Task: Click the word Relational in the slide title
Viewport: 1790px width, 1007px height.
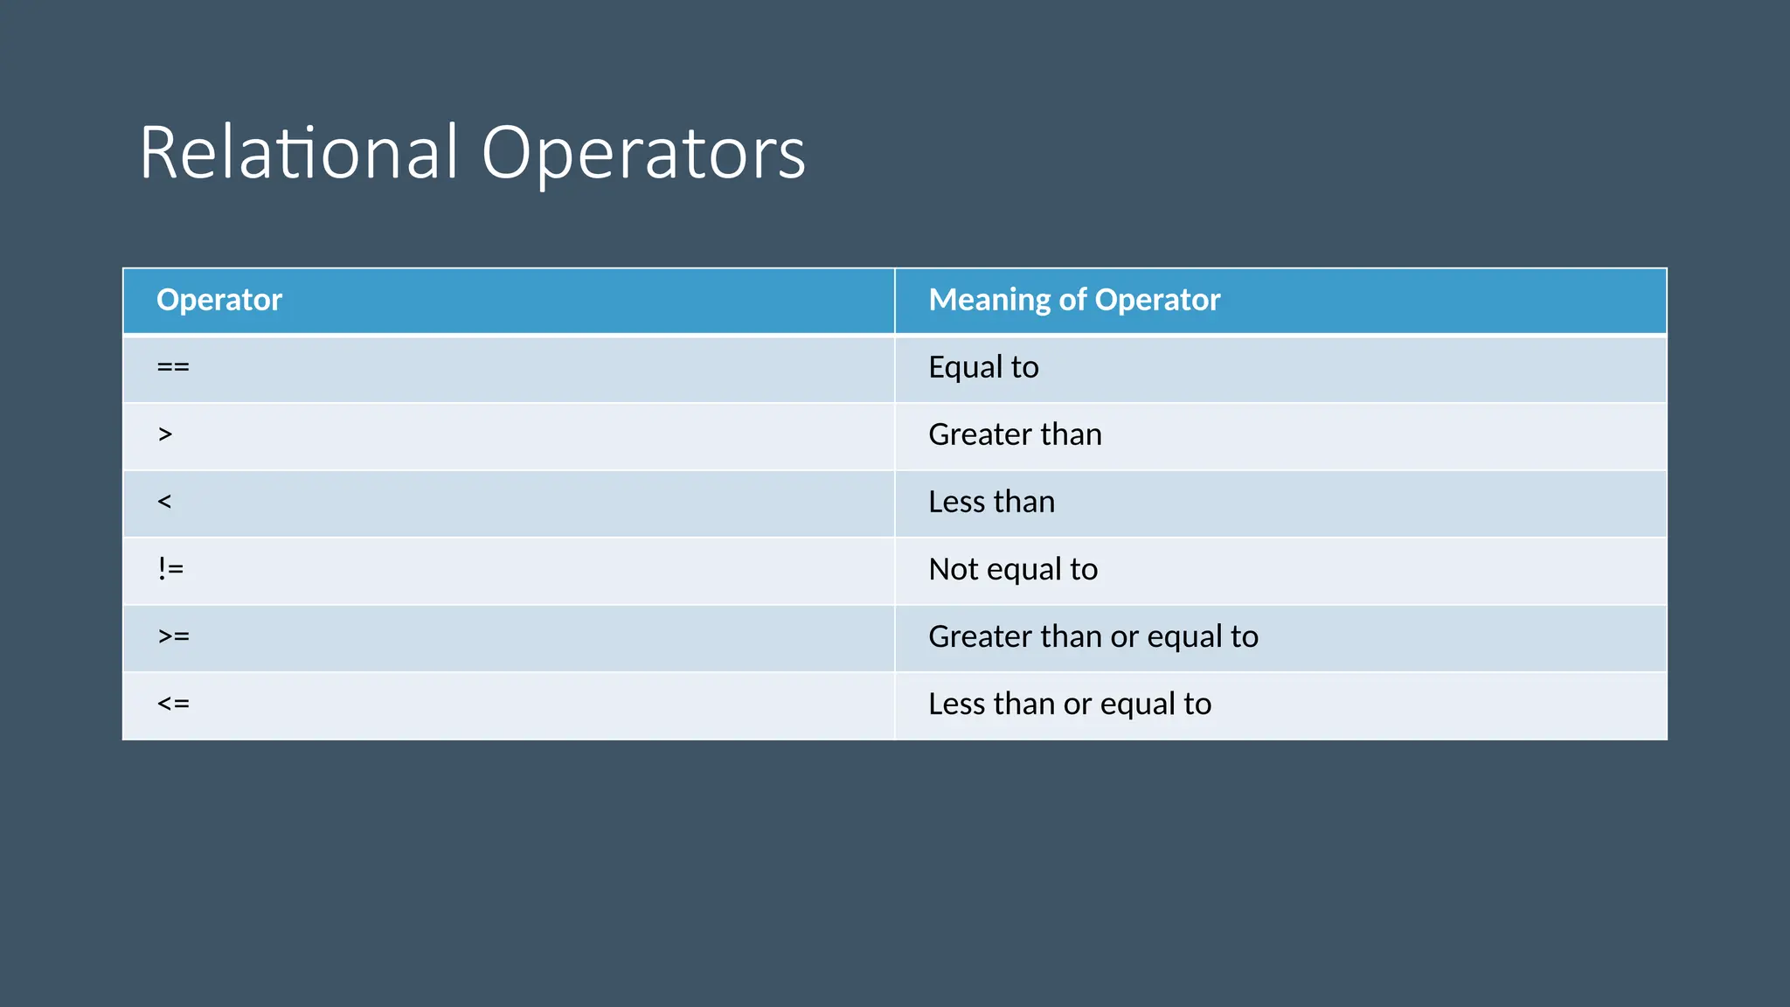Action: tap(298, 153)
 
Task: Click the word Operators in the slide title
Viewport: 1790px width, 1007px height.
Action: tap(643, 155)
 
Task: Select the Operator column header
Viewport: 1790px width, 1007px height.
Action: tap(219, 300)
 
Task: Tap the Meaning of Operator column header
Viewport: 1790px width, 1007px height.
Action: tap(1074, 300)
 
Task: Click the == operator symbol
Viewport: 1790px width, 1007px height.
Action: tap(173, 367)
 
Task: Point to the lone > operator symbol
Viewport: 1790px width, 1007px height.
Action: tap(165, 434)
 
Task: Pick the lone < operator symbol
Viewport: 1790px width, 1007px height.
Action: tap(164, 502)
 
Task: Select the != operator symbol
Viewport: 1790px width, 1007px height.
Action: tap(171, 569)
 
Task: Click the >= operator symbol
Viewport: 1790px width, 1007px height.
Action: tap(174, 636)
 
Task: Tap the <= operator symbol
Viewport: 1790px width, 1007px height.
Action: tap(173, 704)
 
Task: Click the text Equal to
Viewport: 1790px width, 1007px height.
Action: tap(983, 367)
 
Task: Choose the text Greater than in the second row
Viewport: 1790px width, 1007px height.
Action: tap(1015, 434)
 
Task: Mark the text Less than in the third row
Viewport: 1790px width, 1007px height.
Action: tap(991, 502)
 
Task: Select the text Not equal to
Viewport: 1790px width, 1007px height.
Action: tap(1013, 569)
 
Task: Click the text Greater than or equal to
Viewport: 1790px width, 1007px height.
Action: tap(1093, 636)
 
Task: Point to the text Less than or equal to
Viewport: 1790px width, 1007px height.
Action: tap(1070, 704)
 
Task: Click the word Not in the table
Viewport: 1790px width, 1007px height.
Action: tap(953, 569)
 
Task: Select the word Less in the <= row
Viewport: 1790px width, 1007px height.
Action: tap(956, 704)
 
